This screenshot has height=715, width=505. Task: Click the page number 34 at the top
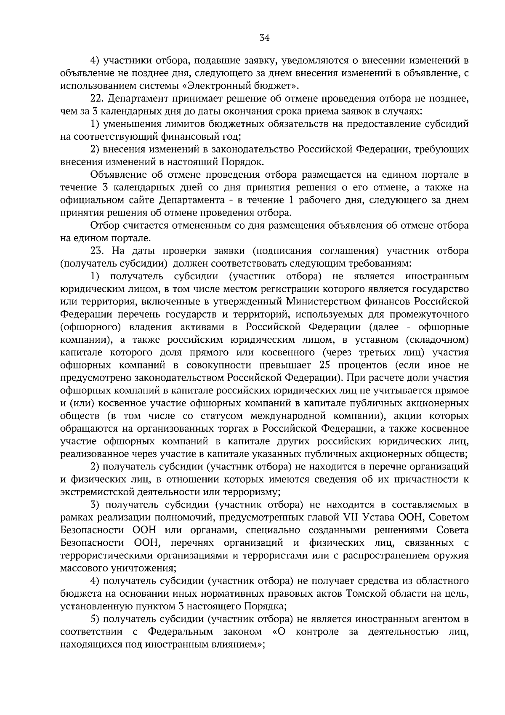pos(264,38)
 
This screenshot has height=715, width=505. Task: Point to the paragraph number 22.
pos(97,99)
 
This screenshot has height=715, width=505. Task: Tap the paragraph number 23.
pos(97,251)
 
